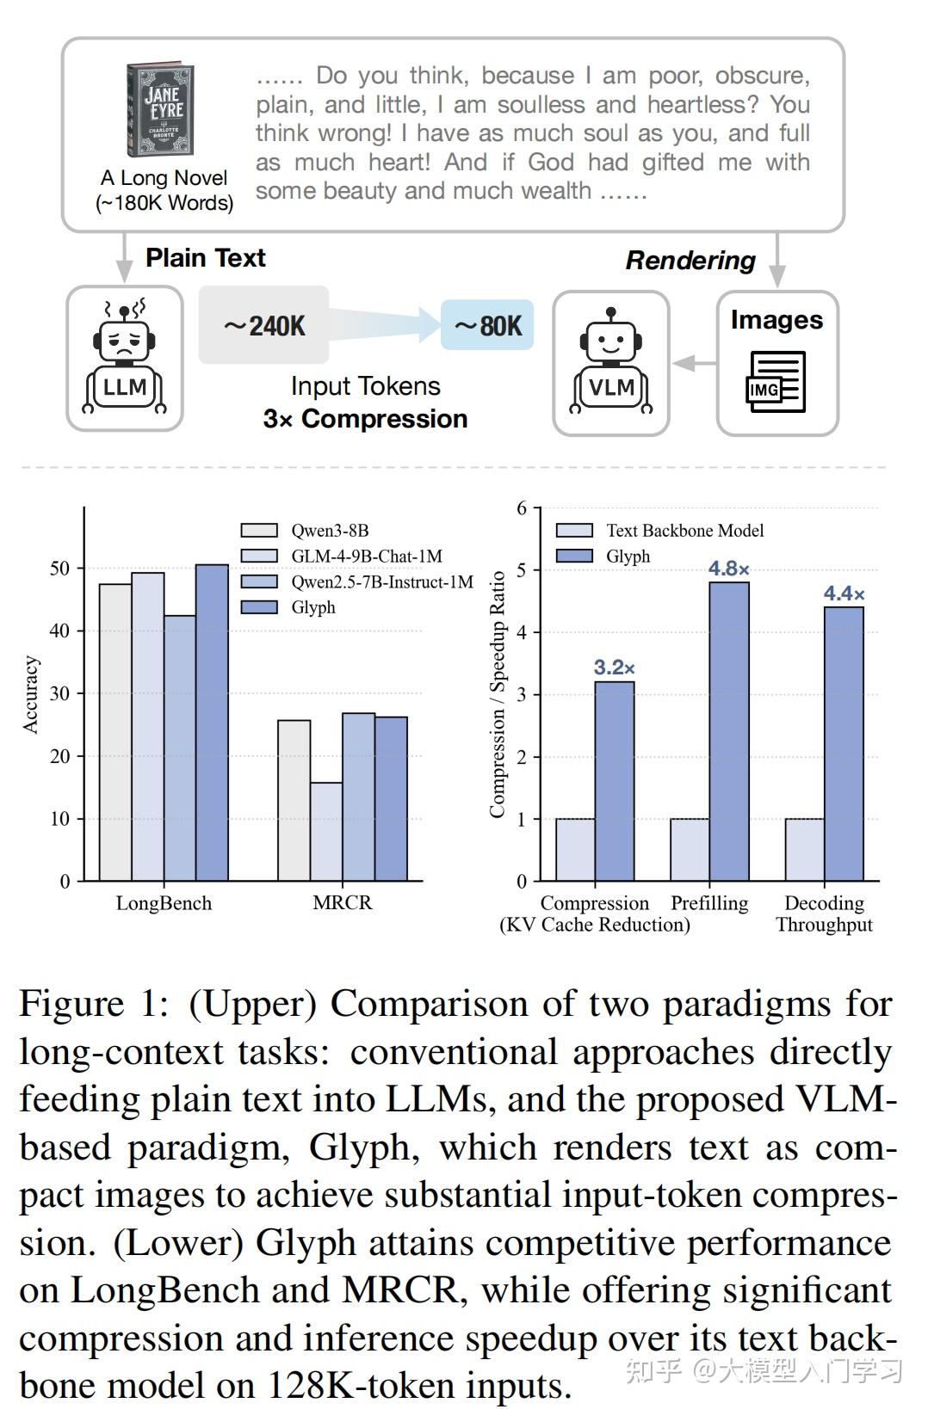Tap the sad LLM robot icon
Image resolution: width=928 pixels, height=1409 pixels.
coord(125,358)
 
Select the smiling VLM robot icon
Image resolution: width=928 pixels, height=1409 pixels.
coord(611,361)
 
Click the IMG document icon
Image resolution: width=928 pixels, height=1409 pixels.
coord(776,380)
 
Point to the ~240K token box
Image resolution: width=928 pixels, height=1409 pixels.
coord(264,325)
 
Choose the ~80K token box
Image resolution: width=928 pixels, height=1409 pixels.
coord(487,325)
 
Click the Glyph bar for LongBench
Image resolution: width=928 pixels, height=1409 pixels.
coord(212,723)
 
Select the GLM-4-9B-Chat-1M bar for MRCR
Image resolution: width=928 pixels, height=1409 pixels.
coord(326,831)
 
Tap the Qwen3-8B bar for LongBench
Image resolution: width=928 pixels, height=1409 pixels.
coord(115,732)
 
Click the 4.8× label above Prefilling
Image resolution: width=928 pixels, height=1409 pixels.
coord(728,569)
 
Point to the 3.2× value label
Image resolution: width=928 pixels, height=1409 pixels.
coord(614,668)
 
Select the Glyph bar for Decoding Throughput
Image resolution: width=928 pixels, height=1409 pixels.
coord(844,744)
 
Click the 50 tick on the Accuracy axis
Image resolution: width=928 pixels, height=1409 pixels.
coord(59,569)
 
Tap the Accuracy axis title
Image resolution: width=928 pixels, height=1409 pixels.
coord(31,695)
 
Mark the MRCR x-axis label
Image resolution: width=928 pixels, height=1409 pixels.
coord(342,903)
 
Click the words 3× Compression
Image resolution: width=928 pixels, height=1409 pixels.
coord(365,419)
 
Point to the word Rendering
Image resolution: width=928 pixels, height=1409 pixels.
coord(690,261)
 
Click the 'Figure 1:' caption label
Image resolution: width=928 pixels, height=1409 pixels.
coord(95,1004)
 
